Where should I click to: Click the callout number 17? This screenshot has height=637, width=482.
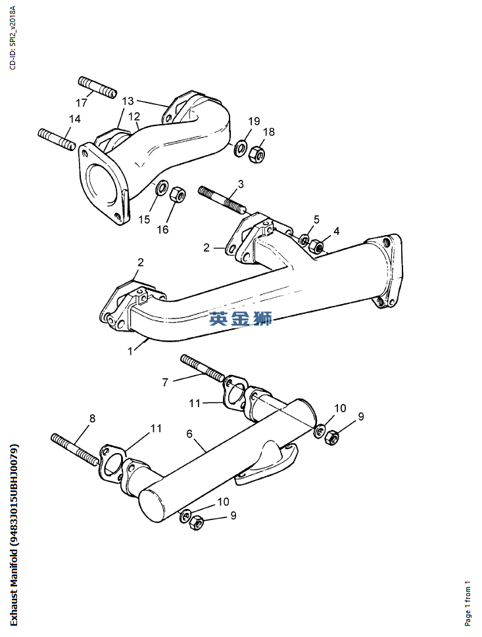[82, 103]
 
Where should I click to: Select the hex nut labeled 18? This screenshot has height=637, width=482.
[258, 155]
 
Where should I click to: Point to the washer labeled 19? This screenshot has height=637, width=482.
[241, 145]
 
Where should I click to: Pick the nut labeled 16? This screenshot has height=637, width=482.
[178, 195]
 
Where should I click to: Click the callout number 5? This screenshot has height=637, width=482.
[316, 219]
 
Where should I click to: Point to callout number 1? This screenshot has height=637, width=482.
[130, 350]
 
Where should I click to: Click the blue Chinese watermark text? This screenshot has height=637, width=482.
[240, 319]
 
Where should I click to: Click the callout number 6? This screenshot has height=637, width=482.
[189, 434]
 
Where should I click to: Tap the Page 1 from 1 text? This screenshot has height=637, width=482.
[468, 602]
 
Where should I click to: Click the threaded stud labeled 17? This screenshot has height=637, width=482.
[97, 87]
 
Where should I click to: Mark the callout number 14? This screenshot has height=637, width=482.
[74, 119]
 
